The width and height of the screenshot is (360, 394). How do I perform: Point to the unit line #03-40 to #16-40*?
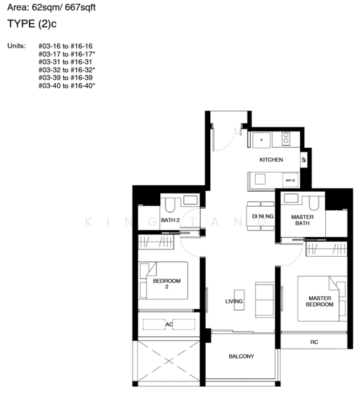[67, 86]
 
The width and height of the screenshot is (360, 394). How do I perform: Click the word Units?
[16, 47]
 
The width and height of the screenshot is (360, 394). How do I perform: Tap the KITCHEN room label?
[271, 160]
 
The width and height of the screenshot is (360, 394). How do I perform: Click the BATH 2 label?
[170, 220]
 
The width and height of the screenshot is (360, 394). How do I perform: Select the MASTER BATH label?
[302, 221]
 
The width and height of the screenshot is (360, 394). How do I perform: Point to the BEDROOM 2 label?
[166, 284]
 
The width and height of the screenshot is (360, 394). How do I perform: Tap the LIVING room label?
[234, 301]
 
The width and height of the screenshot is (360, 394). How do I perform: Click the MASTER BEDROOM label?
[320, 301]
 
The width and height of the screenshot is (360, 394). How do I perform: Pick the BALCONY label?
[241, 357]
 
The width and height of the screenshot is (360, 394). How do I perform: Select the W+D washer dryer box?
[288, 180]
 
